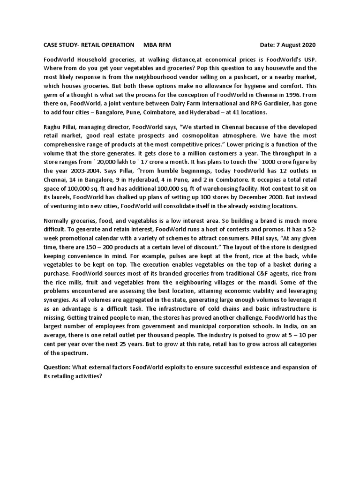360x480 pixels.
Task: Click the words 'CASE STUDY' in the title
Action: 60,45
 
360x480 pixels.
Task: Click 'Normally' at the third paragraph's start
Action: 58,221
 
